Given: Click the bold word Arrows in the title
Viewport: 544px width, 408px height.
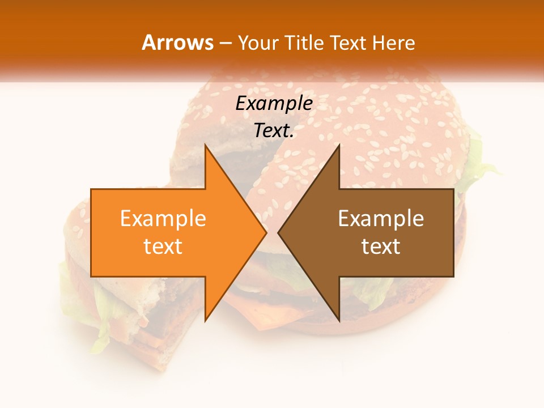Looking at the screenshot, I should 178,42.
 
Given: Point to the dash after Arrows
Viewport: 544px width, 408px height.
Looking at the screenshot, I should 224,43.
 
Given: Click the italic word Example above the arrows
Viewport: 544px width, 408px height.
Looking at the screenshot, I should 274,104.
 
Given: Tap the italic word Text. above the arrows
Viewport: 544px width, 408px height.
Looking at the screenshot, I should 274,130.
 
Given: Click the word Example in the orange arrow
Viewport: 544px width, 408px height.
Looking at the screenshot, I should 163,219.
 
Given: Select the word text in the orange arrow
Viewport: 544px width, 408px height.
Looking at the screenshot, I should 163,246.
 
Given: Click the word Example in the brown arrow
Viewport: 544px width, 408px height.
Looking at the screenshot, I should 381,219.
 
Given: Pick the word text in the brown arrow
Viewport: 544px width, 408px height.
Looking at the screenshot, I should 381,246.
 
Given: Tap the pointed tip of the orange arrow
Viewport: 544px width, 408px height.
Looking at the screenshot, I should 266,233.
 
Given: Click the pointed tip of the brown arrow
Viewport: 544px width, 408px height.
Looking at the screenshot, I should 278,233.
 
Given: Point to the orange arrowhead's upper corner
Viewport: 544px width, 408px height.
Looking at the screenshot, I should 206,146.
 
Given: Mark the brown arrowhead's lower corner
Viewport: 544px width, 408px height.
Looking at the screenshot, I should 339,320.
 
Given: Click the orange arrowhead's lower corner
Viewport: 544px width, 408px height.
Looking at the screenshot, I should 206,320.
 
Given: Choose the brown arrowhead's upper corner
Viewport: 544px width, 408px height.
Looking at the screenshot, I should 339,146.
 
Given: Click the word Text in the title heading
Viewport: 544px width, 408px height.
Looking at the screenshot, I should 347,42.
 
